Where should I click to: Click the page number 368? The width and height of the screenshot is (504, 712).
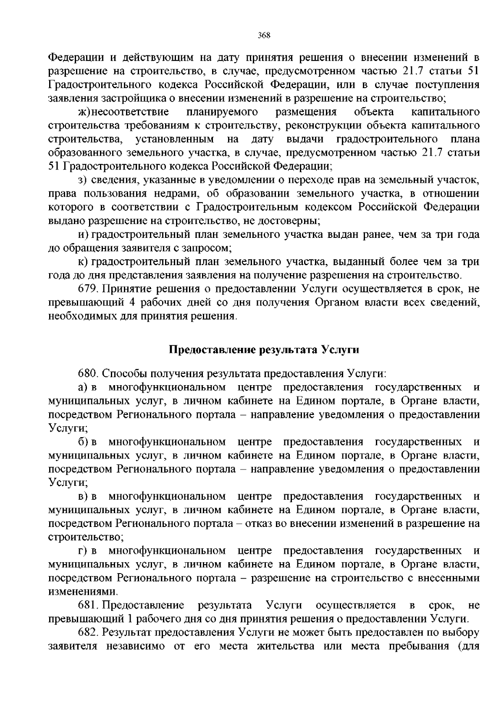(263, 35)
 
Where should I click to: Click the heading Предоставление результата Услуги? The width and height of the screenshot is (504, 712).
(264, 349)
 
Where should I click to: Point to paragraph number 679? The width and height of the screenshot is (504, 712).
(87, 289)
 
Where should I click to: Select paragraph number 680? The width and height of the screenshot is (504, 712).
(87, 373)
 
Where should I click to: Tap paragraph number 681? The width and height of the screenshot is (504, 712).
(87, 605)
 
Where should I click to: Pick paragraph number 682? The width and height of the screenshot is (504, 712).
(87, 632)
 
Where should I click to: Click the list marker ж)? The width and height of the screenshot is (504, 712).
(84, 112)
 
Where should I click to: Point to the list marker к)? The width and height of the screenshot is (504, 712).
(82, 262)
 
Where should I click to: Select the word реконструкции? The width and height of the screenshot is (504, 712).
(327, 125)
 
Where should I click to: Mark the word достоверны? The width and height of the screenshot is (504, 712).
(295, 221)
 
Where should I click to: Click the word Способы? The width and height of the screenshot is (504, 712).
(120, 373)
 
